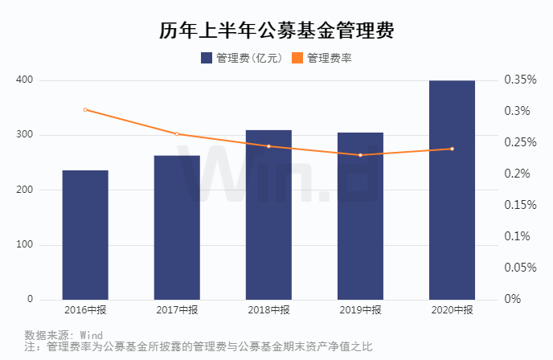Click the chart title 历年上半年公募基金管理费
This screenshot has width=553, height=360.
coord(276,31)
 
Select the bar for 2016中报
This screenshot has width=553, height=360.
coord(85,235)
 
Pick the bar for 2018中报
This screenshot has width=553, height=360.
coord(268,215)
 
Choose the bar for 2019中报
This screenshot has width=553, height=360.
coord(360,216)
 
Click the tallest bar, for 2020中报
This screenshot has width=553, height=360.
coord(452,190)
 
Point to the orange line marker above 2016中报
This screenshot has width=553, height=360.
coord(85,109)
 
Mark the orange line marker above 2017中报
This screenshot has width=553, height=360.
coord(177,134)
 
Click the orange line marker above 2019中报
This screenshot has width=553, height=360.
coord(360,155)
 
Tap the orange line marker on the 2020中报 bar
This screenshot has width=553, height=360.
coord(452,149)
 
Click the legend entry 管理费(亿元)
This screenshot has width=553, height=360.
coord(240,58)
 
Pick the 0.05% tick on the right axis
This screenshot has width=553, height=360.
coord(520,268)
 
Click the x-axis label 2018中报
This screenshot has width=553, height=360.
coord(268,310)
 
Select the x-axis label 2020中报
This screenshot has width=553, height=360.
coord(452,310)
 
